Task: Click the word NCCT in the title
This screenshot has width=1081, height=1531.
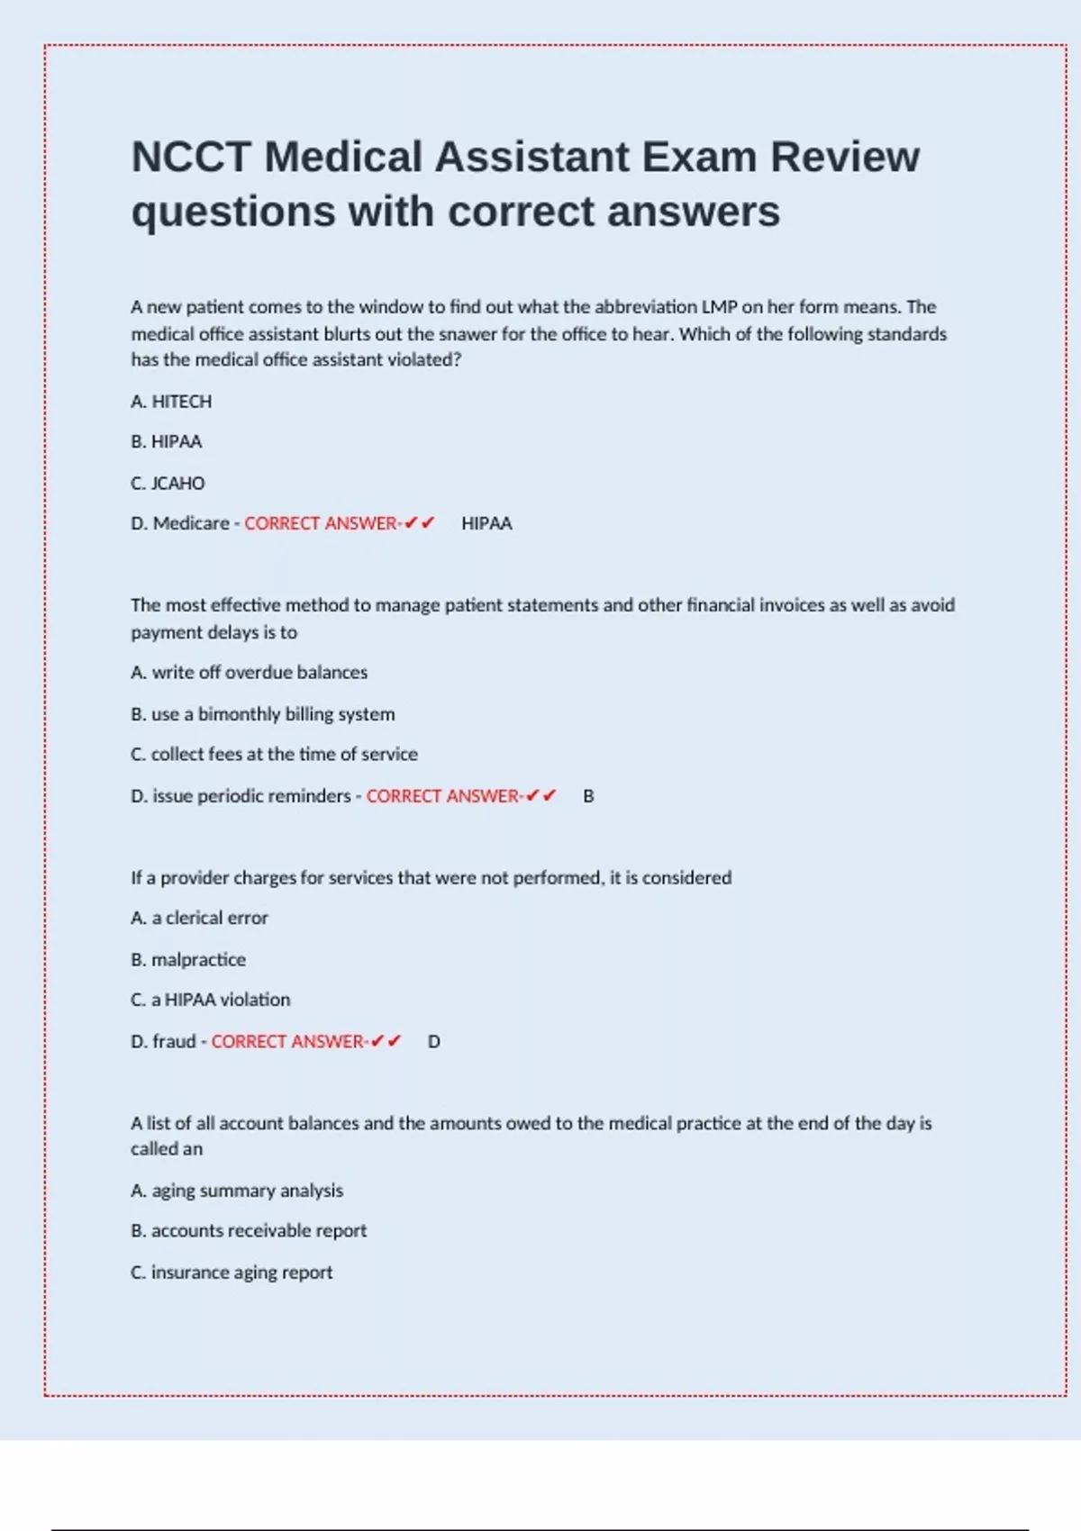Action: [191, 158]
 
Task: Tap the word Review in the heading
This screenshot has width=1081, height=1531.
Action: [845, 158]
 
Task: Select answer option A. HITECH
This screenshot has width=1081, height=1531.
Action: [171, 402]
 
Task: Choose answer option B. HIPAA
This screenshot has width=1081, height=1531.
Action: [167, 442]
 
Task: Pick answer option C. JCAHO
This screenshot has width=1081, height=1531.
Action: [168, 484]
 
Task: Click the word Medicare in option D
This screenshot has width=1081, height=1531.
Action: [191, 523]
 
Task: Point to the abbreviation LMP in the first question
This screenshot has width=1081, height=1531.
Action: [719, 307]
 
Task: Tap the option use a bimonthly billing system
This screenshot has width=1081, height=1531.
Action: [263, 714]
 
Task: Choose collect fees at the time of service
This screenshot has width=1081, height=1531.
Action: [275, 755]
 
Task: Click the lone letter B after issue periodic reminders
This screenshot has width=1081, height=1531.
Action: [588, 796]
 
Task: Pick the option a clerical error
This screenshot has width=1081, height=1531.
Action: [200, 919]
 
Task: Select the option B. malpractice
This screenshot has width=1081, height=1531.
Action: [188, 960]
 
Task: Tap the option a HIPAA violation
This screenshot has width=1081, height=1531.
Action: [211, 1001]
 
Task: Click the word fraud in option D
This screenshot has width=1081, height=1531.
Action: [174, 1042]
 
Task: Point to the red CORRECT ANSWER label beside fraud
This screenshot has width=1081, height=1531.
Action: [288, 1042]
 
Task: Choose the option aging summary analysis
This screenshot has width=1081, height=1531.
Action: [237, 1191]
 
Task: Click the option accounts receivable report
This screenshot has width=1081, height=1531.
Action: [249, 1231]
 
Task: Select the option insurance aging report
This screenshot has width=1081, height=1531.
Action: [232, 1273]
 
